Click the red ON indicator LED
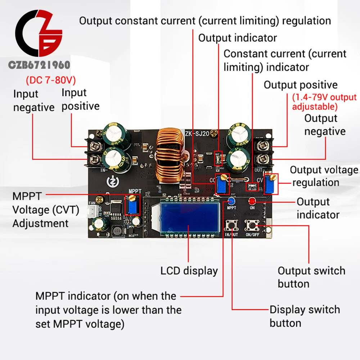point(252,201)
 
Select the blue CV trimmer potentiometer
point(270,184)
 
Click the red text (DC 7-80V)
point(51,80)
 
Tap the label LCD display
point(189,271)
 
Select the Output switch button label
point(311,277)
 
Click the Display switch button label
point(305,316)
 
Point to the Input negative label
point(33,101)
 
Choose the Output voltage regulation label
point(324,176)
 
